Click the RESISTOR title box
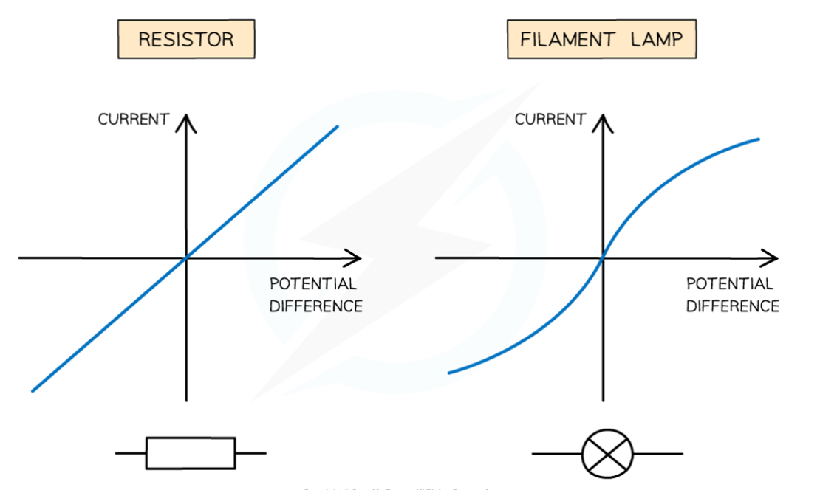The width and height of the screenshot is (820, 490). pyautogui.click(x=185, y=39)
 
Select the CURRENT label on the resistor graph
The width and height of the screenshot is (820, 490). pyautogui.click(x=134, y=120)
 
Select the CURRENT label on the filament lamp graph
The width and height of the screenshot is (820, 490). pyautogui.click(x=550, y=120)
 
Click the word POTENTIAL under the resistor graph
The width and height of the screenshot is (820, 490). pyautogui.click(x=313, y=284)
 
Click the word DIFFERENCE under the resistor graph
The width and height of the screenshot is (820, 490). pyautogui.click(x=315, y=306)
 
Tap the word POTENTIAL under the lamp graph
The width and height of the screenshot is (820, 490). pyautogui.click(x=730, y=284)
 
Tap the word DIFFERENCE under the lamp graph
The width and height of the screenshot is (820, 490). pyautogui.click(x=732, y=306)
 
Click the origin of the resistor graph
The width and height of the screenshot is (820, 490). pyautogui.click(x=186, y=258)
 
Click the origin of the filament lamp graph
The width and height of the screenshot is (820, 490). pyautogui.click(x=604, y=258)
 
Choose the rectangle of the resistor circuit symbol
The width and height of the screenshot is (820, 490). pyautogui.click(x=191, y=453)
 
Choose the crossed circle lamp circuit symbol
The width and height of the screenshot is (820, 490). pyautogui.click(x=607, y=453)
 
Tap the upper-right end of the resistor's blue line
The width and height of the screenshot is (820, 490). pyautogui.click(x=337, y=127)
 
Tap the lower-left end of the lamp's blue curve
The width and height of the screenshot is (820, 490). pyautogui.click(x=449, y=373)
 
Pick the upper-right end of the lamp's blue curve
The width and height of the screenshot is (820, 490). pyautogui.click(x=758, y=139)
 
